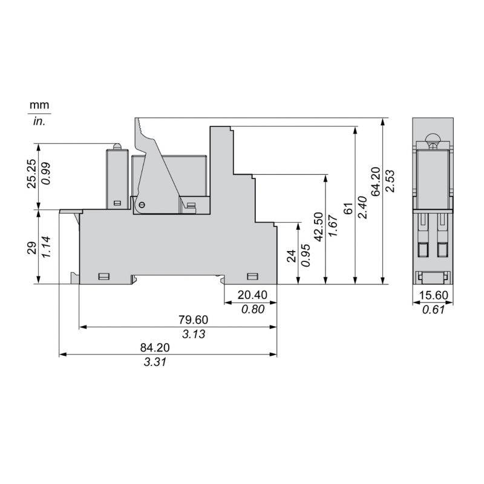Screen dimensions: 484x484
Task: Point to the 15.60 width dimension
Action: point(433,296)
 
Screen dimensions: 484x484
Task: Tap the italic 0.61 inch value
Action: point(433,310)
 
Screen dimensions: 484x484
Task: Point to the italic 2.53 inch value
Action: point(391,180)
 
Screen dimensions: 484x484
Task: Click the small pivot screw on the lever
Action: point(142,206)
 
